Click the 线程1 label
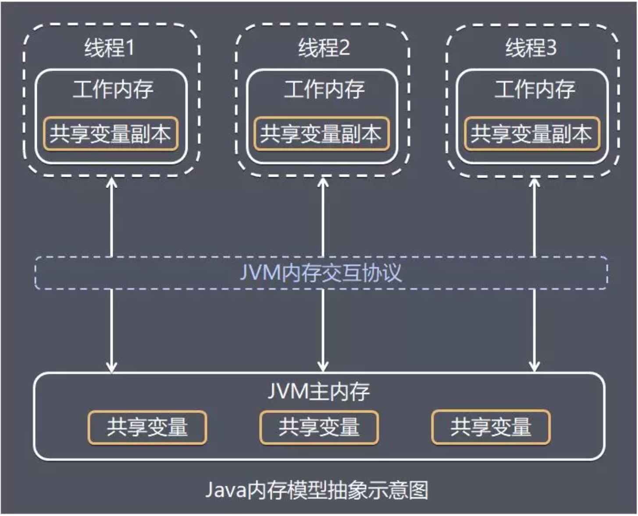coord(109,47)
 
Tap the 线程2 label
coord(324,47)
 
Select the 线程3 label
coord(531,47)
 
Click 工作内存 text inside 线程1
coord(113,89)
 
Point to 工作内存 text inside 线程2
coord(324,89)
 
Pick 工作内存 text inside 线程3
coord(535,89)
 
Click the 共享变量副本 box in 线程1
coord(110,134)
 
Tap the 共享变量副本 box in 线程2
coord(321,134)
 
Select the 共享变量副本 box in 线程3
coord(531,134)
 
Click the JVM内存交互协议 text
coord(321,273)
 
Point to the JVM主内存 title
coord(319,391)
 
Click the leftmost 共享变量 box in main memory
coord(147,427)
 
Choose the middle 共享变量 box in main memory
coord(319,427)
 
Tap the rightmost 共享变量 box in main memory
coord(491,427)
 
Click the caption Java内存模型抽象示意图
coord(317,490)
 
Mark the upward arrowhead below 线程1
coord(112,182)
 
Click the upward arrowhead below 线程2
coord(323,182)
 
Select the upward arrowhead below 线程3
coord(534,182)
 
